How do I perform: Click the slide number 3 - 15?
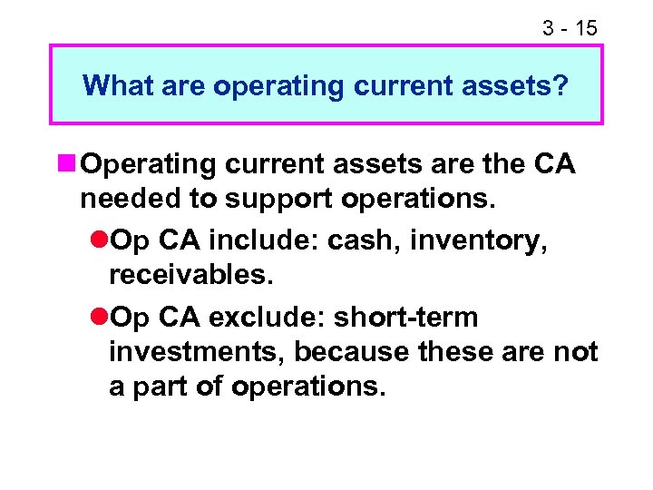pyautogui.click(x=570, y=28)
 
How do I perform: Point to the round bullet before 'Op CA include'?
pyautogui.click(x=98, y=240)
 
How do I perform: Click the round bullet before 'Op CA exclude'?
pyautogui.click(x=98, y=318)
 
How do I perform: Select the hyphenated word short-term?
pyautogui.click(x=405, y=318)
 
